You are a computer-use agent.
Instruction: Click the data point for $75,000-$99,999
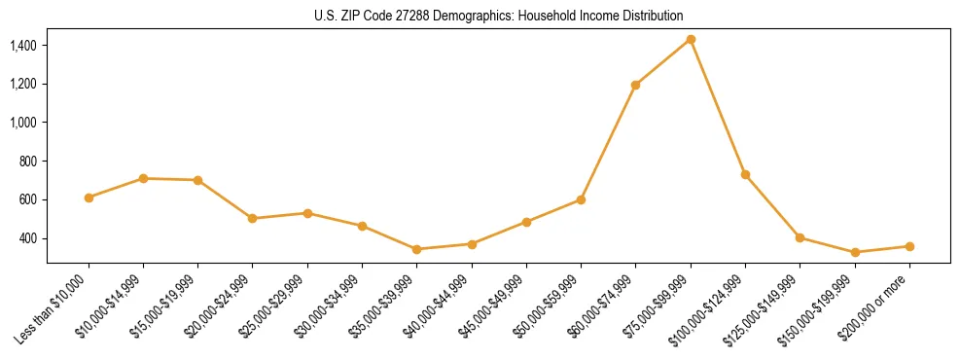pos(691,39)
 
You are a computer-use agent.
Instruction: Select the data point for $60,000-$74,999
pos(635,85)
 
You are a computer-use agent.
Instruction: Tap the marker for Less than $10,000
pos(89,198)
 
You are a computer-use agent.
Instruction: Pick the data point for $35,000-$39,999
pos(416,249)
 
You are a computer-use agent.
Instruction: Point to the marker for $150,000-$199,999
pos(855,252)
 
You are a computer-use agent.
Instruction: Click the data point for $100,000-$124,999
pos(745,174)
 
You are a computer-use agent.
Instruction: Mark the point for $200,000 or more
pos(909,246)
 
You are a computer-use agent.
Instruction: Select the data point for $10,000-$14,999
pos(143,178)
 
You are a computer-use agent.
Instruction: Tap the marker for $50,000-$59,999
pos(581,199)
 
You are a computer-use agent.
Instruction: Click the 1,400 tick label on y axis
pos(22,46)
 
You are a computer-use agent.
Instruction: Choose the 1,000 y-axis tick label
pos(22,123)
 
